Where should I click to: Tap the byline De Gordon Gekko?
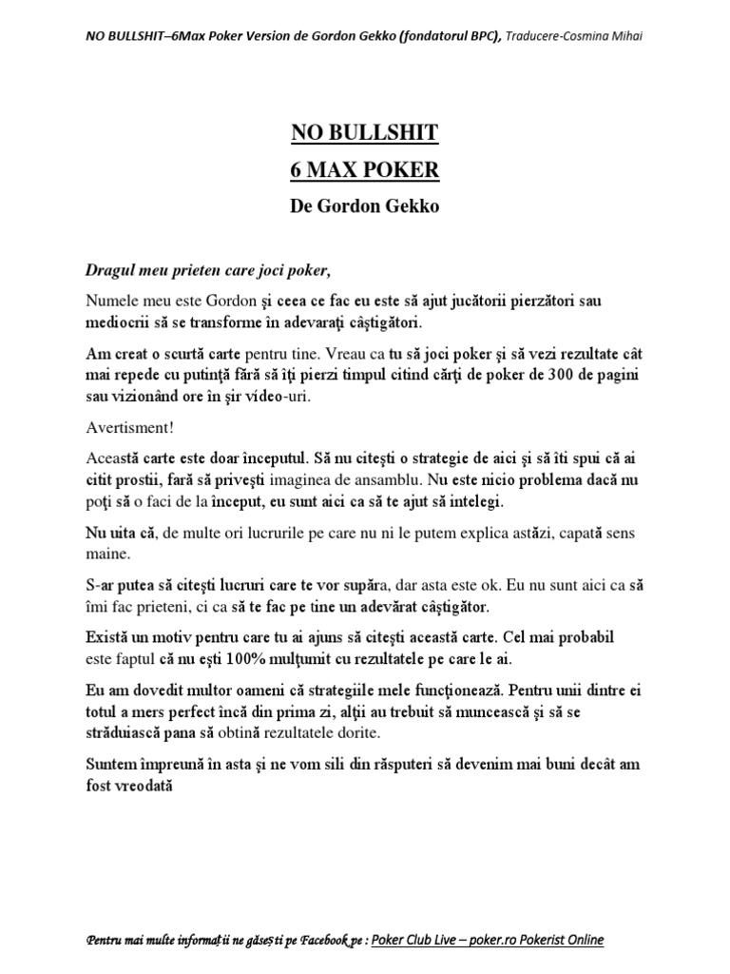[364, 206]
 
